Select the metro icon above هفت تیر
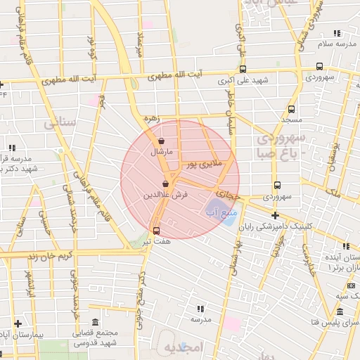click(155, 230)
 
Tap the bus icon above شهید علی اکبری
click(243, 69)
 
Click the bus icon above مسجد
click(291, 110)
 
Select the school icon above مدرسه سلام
click(335, 33)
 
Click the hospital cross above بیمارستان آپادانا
click(18, 323)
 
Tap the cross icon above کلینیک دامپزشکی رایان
click(275, 214)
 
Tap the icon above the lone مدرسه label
click(200, 308)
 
